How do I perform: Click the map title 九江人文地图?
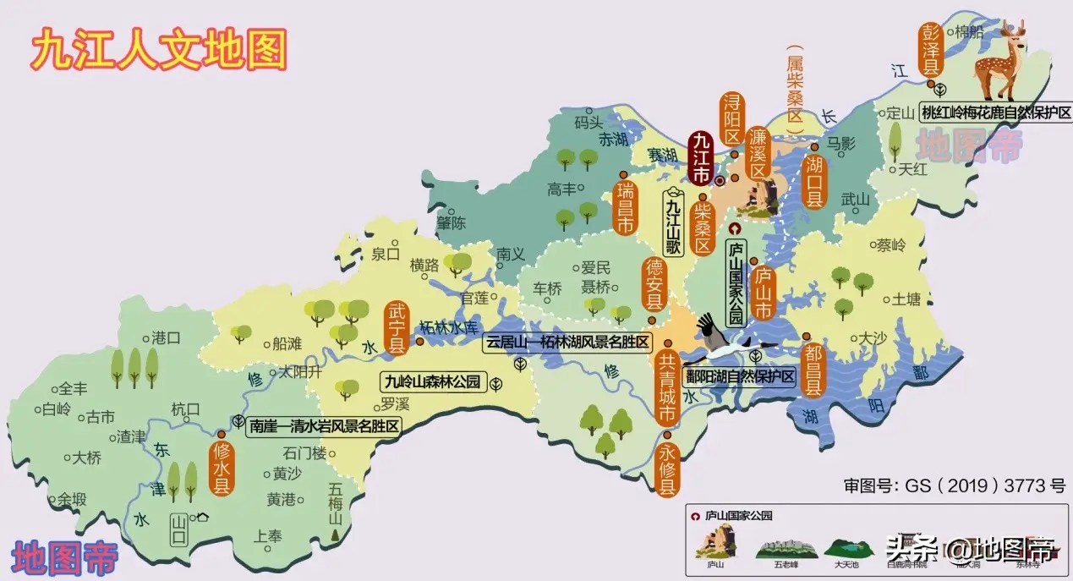[159, 50]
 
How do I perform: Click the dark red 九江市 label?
[700, 158]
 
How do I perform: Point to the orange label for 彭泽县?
[930, 48]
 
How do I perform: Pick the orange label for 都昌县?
[813, 367]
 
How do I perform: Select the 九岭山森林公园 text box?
[432, 381]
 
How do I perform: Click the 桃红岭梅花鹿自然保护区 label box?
[995, 112]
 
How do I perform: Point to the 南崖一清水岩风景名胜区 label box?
[324, 426]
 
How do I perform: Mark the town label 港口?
[166, 337]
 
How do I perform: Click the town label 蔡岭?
[890, 246]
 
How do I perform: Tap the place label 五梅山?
[336, 504]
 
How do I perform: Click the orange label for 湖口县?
[814, 181]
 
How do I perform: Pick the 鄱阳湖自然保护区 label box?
[741, 377]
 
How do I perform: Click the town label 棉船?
[971, 32]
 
